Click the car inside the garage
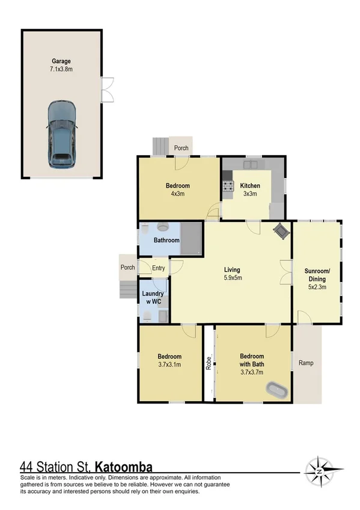point(62,135)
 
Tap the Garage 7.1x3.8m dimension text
point(61,69)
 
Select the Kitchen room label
point(249,186)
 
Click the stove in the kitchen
point(227,187)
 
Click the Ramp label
point(306,363)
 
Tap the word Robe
point(208,363)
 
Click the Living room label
point(232,271)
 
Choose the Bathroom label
point(166,241)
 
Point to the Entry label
point(159,268)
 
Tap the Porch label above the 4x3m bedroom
point(181,148)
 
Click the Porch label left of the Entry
point(127,268)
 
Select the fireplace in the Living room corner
point(281,230)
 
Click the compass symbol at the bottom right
point(323,469)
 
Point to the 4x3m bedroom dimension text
point(178,194)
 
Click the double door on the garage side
point(106,90)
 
